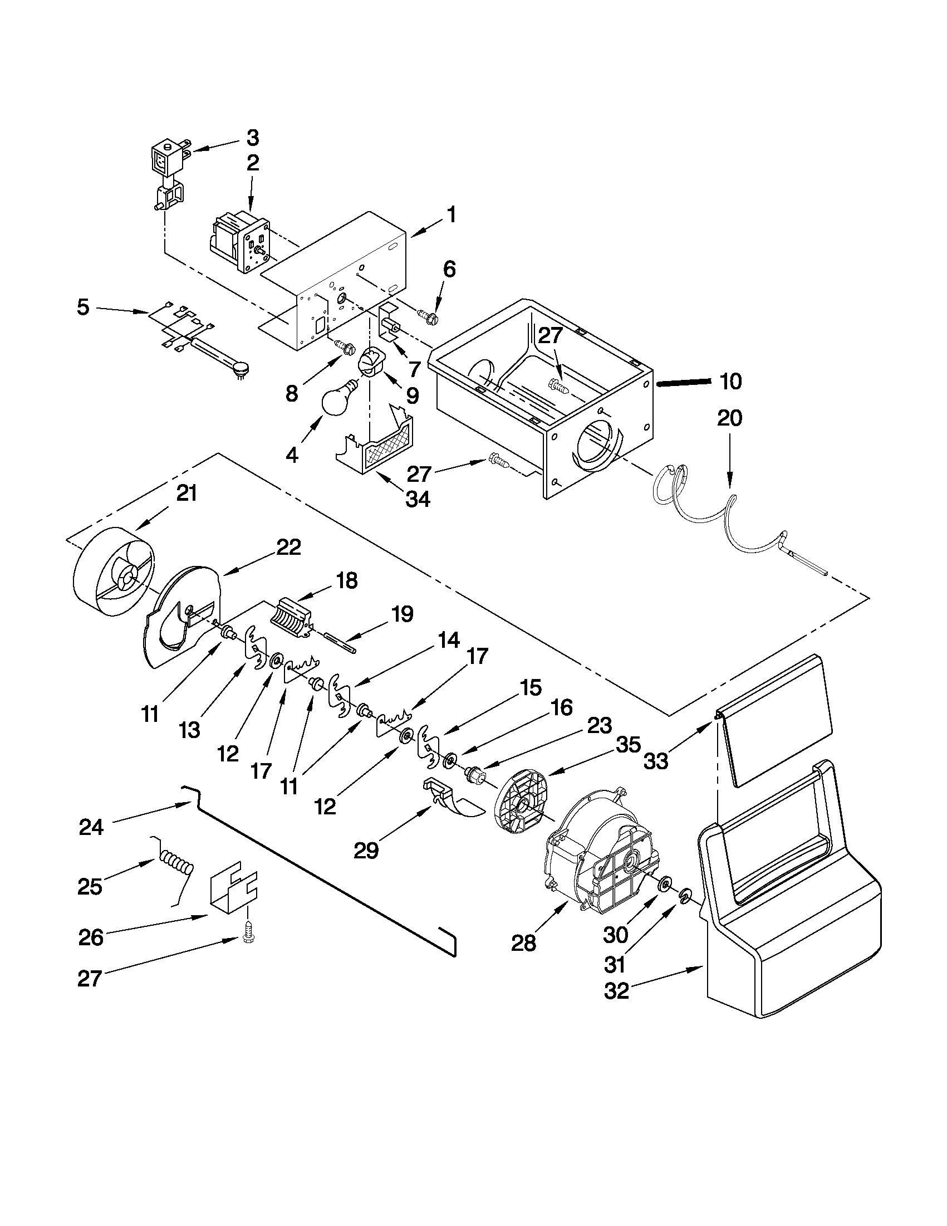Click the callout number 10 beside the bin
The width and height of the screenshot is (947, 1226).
click(730, 382)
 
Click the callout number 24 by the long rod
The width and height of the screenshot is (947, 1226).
click(91, 827)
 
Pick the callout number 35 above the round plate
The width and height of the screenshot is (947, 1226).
click(628, 745)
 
